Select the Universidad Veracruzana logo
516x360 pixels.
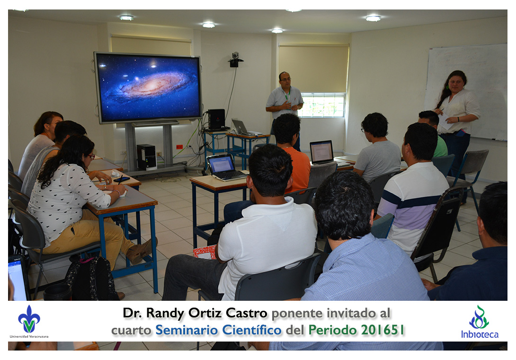29,322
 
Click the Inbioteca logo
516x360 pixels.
480,322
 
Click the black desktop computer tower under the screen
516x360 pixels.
146,157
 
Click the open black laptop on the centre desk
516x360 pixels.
225,167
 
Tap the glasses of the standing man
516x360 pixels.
285,79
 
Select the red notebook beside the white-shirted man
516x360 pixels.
205,252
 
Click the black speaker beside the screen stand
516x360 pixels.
216,119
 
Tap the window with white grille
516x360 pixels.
322,105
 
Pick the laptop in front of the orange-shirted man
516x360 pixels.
322,152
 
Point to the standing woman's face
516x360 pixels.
456,84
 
